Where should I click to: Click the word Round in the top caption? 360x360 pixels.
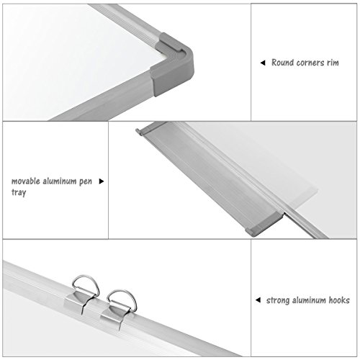point(283,63)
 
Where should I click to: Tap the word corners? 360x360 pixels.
point(310,63)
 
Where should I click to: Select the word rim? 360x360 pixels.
point(333,63)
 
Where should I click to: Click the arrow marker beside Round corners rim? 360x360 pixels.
point(263,63)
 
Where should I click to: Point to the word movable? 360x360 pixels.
point(26,181)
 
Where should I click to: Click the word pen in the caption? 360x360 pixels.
point(86,181)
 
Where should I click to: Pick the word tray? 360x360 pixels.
point(19,192)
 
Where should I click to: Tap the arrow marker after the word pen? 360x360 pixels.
point(102,181)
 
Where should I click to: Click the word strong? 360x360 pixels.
point(278,300)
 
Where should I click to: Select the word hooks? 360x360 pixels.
point(339,300)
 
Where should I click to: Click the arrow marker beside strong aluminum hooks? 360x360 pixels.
point(258,300)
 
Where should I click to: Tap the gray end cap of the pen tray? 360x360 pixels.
point(265,224)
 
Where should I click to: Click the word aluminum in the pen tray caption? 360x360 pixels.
point(60,181)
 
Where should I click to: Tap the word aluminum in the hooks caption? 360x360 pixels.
point(309,300)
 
